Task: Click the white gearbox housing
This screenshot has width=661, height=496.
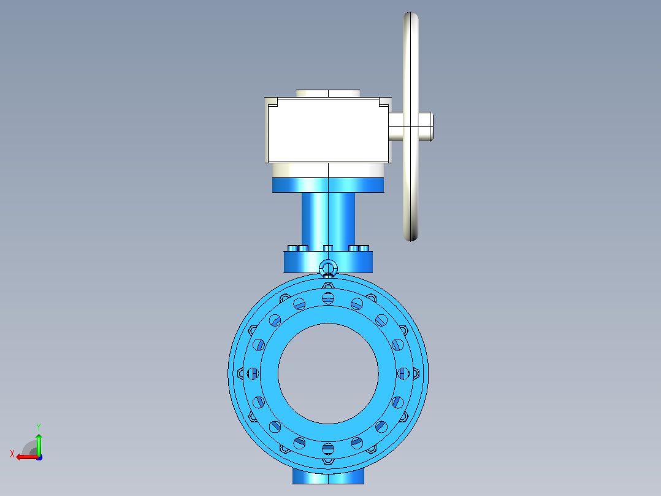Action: pos(328,130)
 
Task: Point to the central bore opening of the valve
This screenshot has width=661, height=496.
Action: pos(328,374)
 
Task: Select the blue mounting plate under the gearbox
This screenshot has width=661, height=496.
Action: pos(328,185)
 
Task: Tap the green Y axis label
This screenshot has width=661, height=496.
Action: pos(39,427)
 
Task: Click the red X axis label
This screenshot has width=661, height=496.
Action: pos(12,454)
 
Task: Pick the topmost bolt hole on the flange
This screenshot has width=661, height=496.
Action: pos(328,298)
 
